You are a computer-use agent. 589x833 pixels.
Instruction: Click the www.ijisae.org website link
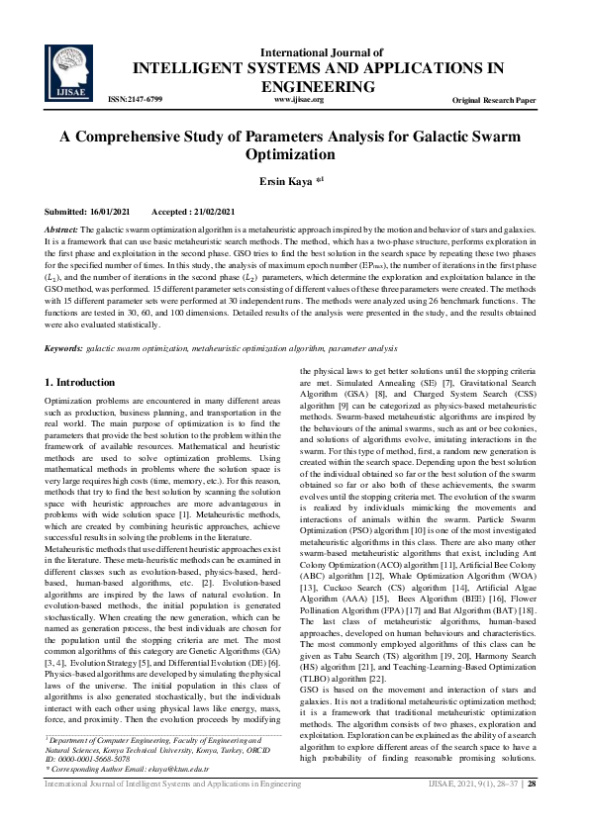pos(298,100)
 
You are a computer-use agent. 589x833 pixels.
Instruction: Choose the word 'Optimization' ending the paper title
pos(294,155)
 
